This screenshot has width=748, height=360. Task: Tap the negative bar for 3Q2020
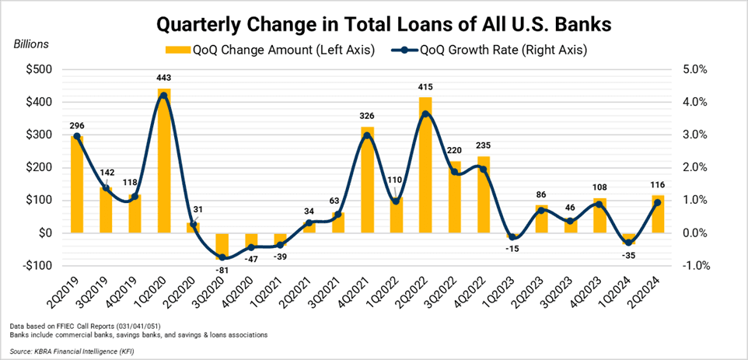tap(222, 246)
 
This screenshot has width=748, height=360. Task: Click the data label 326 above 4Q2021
tap(367, 116)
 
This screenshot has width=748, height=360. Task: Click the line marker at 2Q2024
tap(658, 202)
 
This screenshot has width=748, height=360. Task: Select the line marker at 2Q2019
tap(76, 136)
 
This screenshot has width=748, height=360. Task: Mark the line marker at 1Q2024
tap(628, 243)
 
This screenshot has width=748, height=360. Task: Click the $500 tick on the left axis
tap(37, 69)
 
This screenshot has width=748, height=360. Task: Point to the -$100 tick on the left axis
tap(35, 266)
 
